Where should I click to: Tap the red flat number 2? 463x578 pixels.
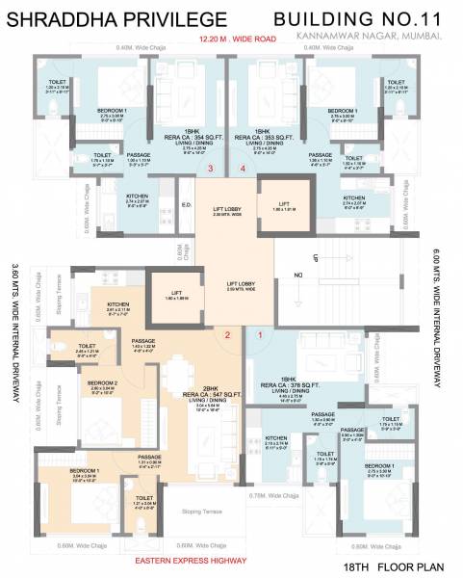[227, 335]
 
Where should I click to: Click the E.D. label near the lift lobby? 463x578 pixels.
[187, 204]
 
